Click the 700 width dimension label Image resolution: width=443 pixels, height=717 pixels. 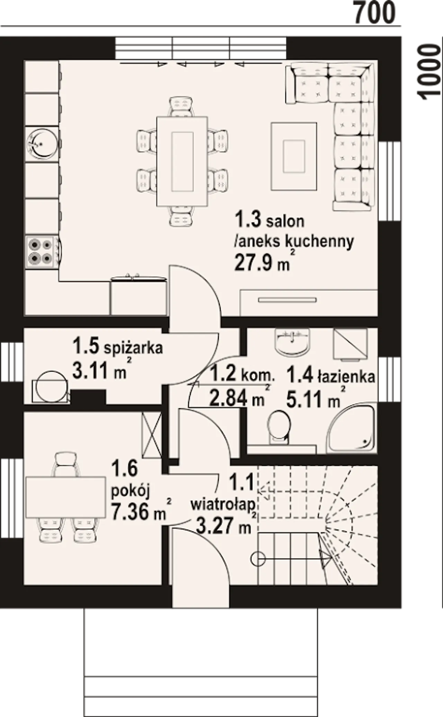click(374, 12)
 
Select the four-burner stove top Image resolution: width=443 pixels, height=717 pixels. click(40, 251)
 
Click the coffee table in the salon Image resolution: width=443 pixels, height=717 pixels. click(294, 156)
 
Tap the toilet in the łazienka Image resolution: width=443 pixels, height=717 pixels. click(279, 427)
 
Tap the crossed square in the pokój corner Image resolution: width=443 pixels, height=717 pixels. click(152, 435)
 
